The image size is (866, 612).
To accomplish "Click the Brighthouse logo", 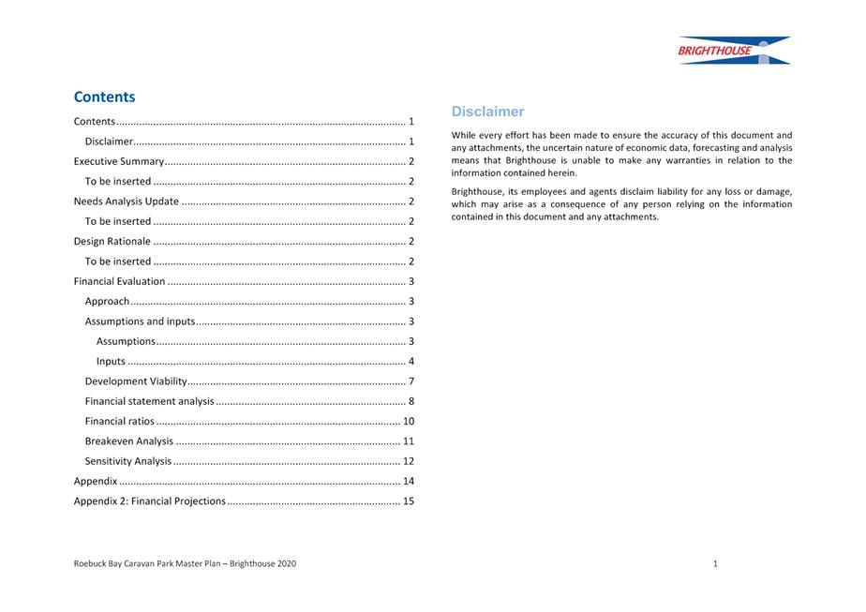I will [x=734, y=51].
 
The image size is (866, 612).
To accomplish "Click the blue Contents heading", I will [x=104, y=97].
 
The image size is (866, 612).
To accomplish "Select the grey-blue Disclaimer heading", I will [x=487, y=112].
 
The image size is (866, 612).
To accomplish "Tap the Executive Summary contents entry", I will [x=119, y=161].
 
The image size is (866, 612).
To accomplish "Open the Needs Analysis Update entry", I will [x=126, y=202].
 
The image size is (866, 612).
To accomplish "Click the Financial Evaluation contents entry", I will [x=119, y=281].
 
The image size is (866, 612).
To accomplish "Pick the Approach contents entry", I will [x=107, y=302].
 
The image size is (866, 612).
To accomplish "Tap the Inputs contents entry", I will [x=111, y=362].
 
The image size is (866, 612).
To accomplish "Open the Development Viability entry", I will [x=136, y=381].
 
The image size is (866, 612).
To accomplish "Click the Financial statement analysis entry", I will [x=149, y=401].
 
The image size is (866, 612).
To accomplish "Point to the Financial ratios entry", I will [x=119, y=422].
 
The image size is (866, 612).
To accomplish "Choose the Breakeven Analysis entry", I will [x=128, y=441].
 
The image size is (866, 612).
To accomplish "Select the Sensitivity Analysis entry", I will [x=128, y=461].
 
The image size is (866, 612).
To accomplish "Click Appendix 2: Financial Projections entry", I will [x=150, y=501].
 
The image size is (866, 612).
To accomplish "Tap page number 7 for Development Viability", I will [x=411, y=381].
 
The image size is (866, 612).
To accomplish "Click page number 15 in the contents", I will [x=408, y=501].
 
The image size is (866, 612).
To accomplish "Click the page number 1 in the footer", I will [x=715, y=563].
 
